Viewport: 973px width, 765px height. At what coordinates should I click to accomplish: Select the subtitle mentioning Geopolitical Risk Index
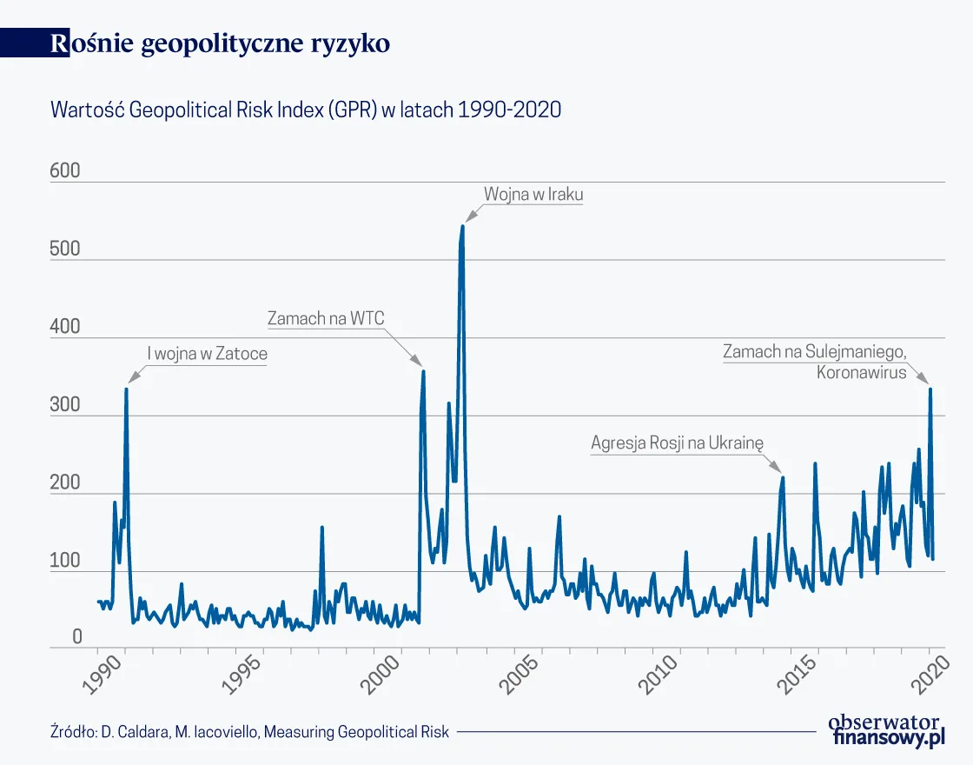pyautogui.click(x=306, y=110)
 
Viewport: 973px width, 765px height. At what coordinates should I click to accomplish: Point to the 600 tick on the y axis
pyautogui.click(x=65, y=171)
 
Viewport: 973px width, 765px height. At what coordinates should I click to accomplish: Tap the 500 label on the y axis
pyautogui.click(x=65, y=249)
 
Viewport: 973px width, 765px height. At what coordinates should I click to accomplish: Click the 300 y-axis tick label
pyautogui.click(x=65, y=406)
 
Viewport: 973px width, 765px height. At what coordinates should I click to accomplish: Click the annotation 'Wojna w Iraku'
pyautogui.click(x=533, y=195)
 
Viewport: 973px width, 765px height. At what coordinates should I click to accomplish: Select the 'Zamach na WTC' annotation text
pyautogui.click(x=326, y=319)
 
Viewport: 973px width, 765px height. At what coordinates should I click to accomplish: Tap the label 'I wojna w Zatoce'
pyautogui.click(x=208, y=354)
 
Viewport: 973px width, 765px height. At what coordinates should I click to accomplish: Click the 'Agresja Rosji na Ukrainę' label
pyautogui.click(x=676, y=442)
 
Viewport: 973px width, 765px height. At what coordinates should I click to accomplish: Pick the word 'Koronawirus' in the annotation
pyautogui.click(x=861, y=373)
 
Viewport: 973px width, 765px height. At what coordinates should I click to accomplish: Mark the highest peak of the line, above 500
pyautogui.click(x=462, y=227)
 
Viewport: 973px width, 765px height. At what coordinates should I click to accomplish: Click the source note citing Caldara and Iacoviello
pyautogui.click(x=249, y=732)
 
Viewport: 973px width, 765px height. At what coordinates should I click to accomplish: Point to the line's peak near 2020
pyautogui.click(x=930, y=389)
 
